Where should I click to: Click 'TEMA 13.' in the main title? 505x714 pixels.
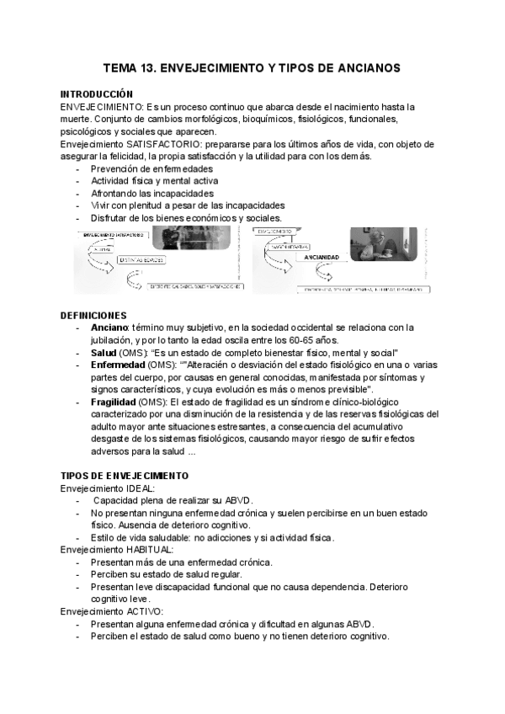pyautogui.click(x=128, y=67)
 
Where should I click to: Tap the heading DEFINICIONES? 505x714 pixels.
pyautogui.click(x=93, y=314)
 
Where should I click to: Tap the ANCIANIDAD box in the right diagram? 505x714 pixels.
pyautogui.click(x=322, y=258)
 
